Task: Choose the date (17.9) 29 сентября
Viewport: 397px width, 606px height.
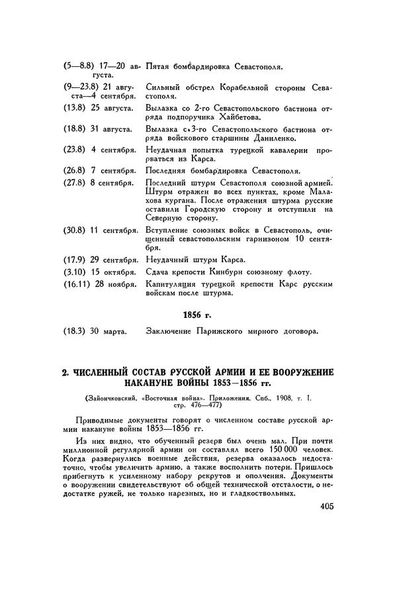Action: coord(101,259)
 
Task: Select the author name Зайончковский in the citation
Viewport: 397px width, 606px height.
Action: coord(108,399)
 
